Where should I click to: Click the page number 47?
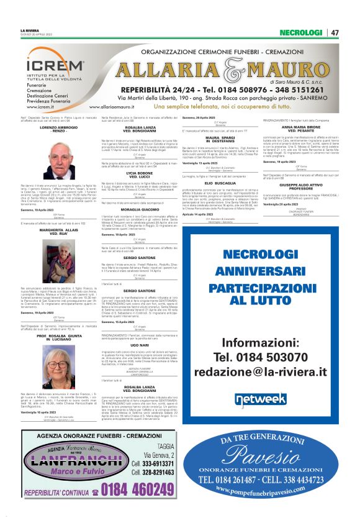pos(335,32)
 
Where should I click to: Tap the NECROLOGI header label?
pos(301,32)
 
